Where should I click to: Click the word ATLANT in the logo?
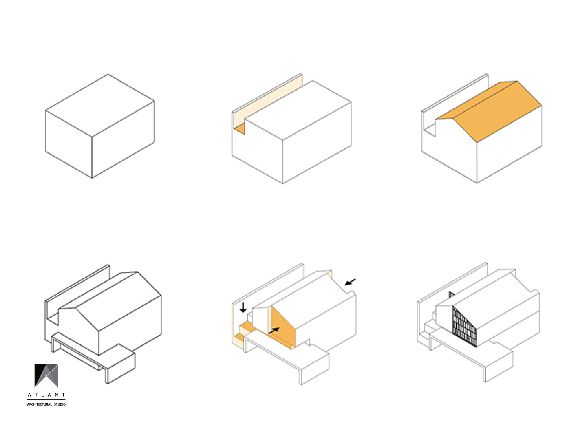46,395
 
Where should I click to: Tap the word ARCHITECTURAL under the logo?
39,404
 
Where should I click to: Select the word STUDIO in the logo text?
60,404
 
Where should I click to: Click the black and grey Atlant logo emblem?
46,376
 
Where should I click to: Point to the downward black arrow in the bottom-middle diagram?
243,307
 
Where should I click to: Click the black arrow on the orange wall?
274,331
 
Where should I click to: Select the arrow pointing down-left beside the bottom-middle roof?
350,282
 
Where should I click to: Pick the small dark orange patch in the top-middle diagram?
240,128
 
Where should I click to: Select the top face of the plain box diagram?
100,105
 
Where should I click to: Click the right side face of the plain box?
123,139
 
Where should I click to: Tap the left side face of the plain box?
68,144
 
